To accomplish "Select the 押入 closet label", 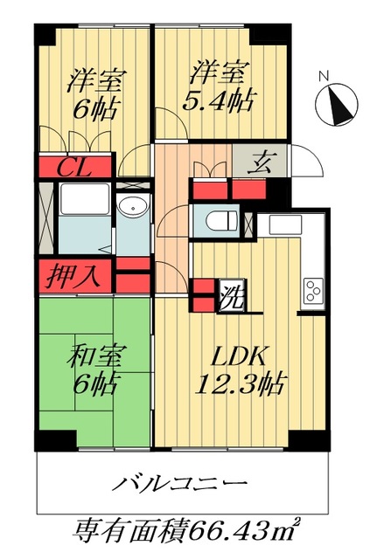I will [73, 277].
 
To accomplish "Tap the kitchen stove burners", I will [313, 291].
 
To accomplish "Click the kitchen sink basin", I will [283, 224].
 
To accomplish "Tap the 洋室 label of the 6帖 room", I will [96, 77].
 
